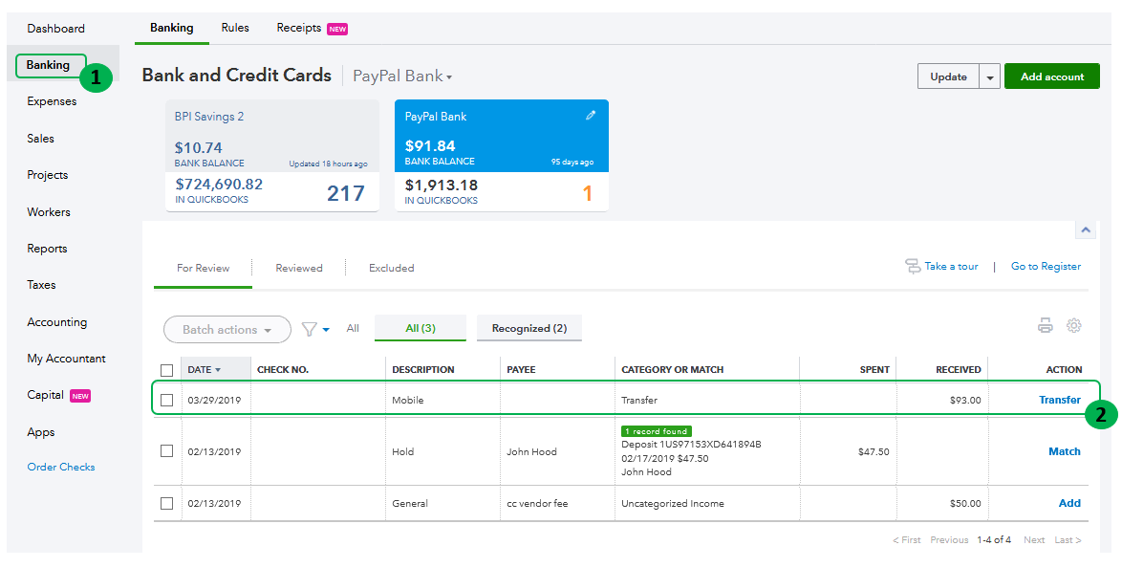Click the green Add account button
(x=1051, y=76)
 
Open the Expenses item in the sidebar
(x=52, y=101)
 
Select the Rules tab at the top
(x=235, y=28)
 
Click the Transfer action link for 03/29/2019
(x=1059, y=400)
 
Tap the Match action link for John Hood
(x=1064, y=451)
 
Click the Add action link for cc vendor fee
(x=1069, y=503)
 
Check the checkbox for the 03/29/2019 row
(x=167, y=400)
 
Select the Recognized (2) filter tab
(x=529, y=328)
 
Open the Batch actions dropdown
(x=227, y=330)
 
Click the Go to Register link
(x=1046, y=267)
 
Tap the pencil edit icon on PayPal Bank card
(x=591, y=116)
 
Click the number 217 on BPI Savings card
(x=345, y=193)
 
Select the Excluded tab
(x=391, y=268)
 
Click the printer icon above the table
(x=1046, y=326)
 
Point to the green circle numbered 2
(x=1100, y=414)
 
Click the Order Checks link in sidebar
(x=61, y=468)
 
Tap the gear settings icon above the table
(x=1074, y=326)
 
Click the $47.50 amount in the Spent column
(x=874, y=451)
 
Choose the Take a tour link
(x=950, y=267)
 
